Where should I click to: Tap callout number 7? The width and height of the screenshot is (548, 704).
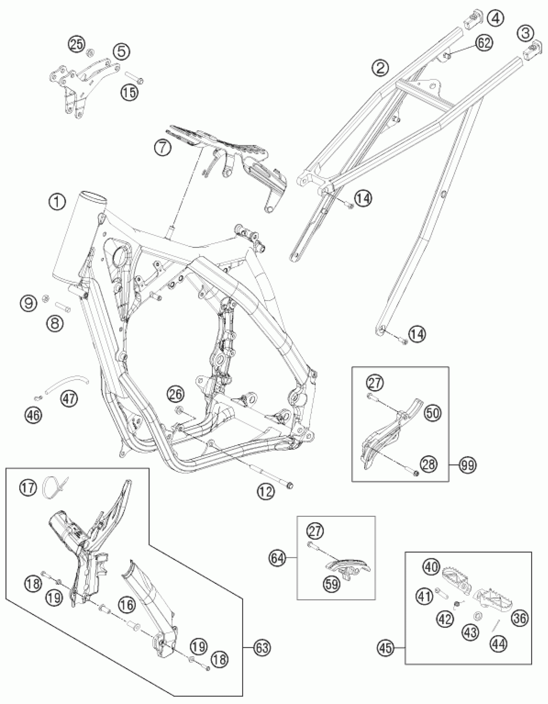pyautogui.click(x=162, y=148)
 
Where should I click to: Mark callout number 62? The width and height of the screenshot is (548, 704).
pyautogui.click(x=484, y=43)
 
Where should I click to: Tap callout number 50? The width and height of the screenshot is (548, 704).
pyautogui.click(x=433, y=413)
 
